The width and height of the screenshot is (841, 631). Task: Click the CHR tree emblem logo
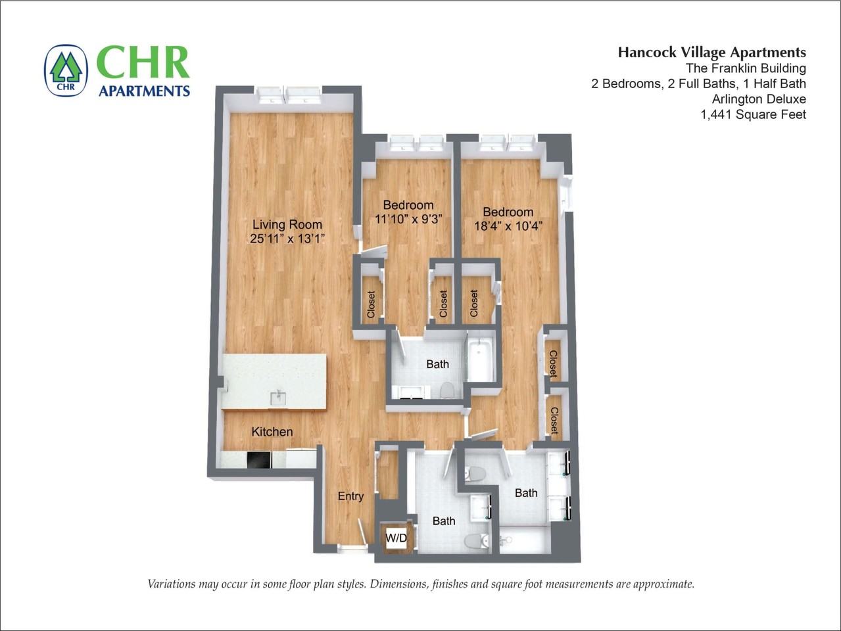coord(65,70)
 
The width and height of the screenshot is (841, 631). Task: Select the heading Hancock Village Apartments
coord(711,53)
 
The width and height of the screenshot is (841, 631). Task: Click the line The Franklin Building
coord(745,68)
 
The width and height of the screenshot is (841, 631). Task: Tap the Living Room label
coord(287,224)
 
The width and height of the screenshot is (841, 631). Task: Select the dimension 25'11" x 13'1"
coord(287,239)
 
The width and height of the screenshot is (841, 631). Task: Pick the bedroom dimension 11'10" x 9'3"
coord(408,219)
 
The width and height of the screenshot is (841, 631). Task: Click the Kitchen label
coord(272,432)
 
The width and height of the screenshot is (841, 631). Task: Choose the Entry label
coord(350,496)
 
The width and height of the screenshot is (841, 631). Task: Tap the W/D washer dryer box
coord(396,538)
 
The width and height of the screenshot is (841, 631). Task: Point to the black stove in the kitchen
coord(259,459)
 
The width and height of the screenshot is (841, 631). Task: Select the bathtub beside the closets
coord(481,360)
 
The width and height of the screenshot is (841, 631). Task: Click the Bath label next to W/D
coord(444,521)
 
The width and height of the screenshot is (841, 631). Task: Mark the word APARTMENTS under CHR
coord(144,91)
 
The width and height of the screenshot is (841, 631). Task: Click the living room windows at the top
coord(289,96)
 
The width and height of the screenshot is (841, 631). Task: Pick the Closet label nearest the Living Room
coord(371,304)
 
